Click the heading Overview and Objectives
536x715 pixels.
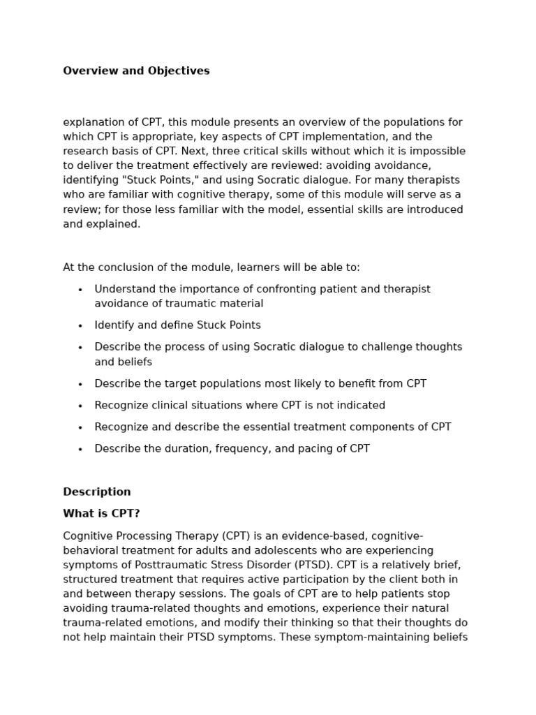click(x=136, y=71)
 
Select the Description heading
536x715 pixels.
click(x=97, y=492)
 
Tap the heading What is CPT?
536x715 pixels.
click(x=101, y=514)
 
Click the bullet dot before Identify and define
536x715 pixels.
click(x=80, y=326)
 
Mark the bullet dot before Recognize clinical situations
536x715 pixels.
click(x=80, y=406)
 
